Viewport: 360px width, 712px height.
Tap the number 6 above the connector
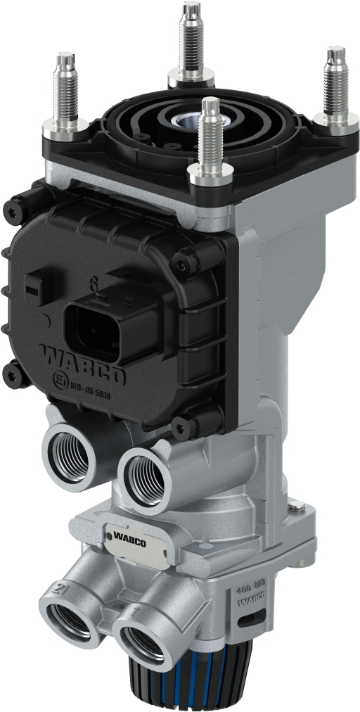pos(93,284)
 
